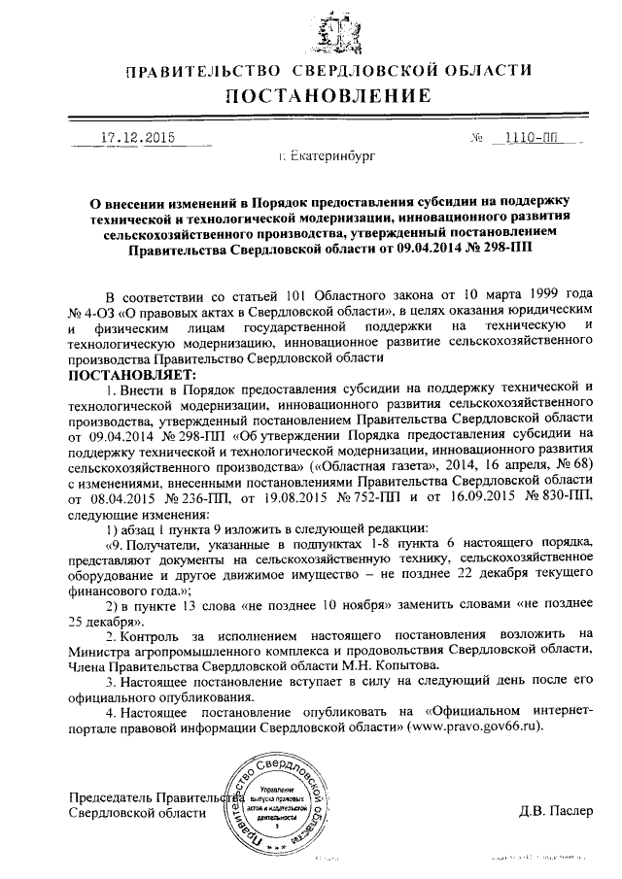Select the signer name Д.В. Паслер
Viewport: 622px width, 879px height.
(555, 811)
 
